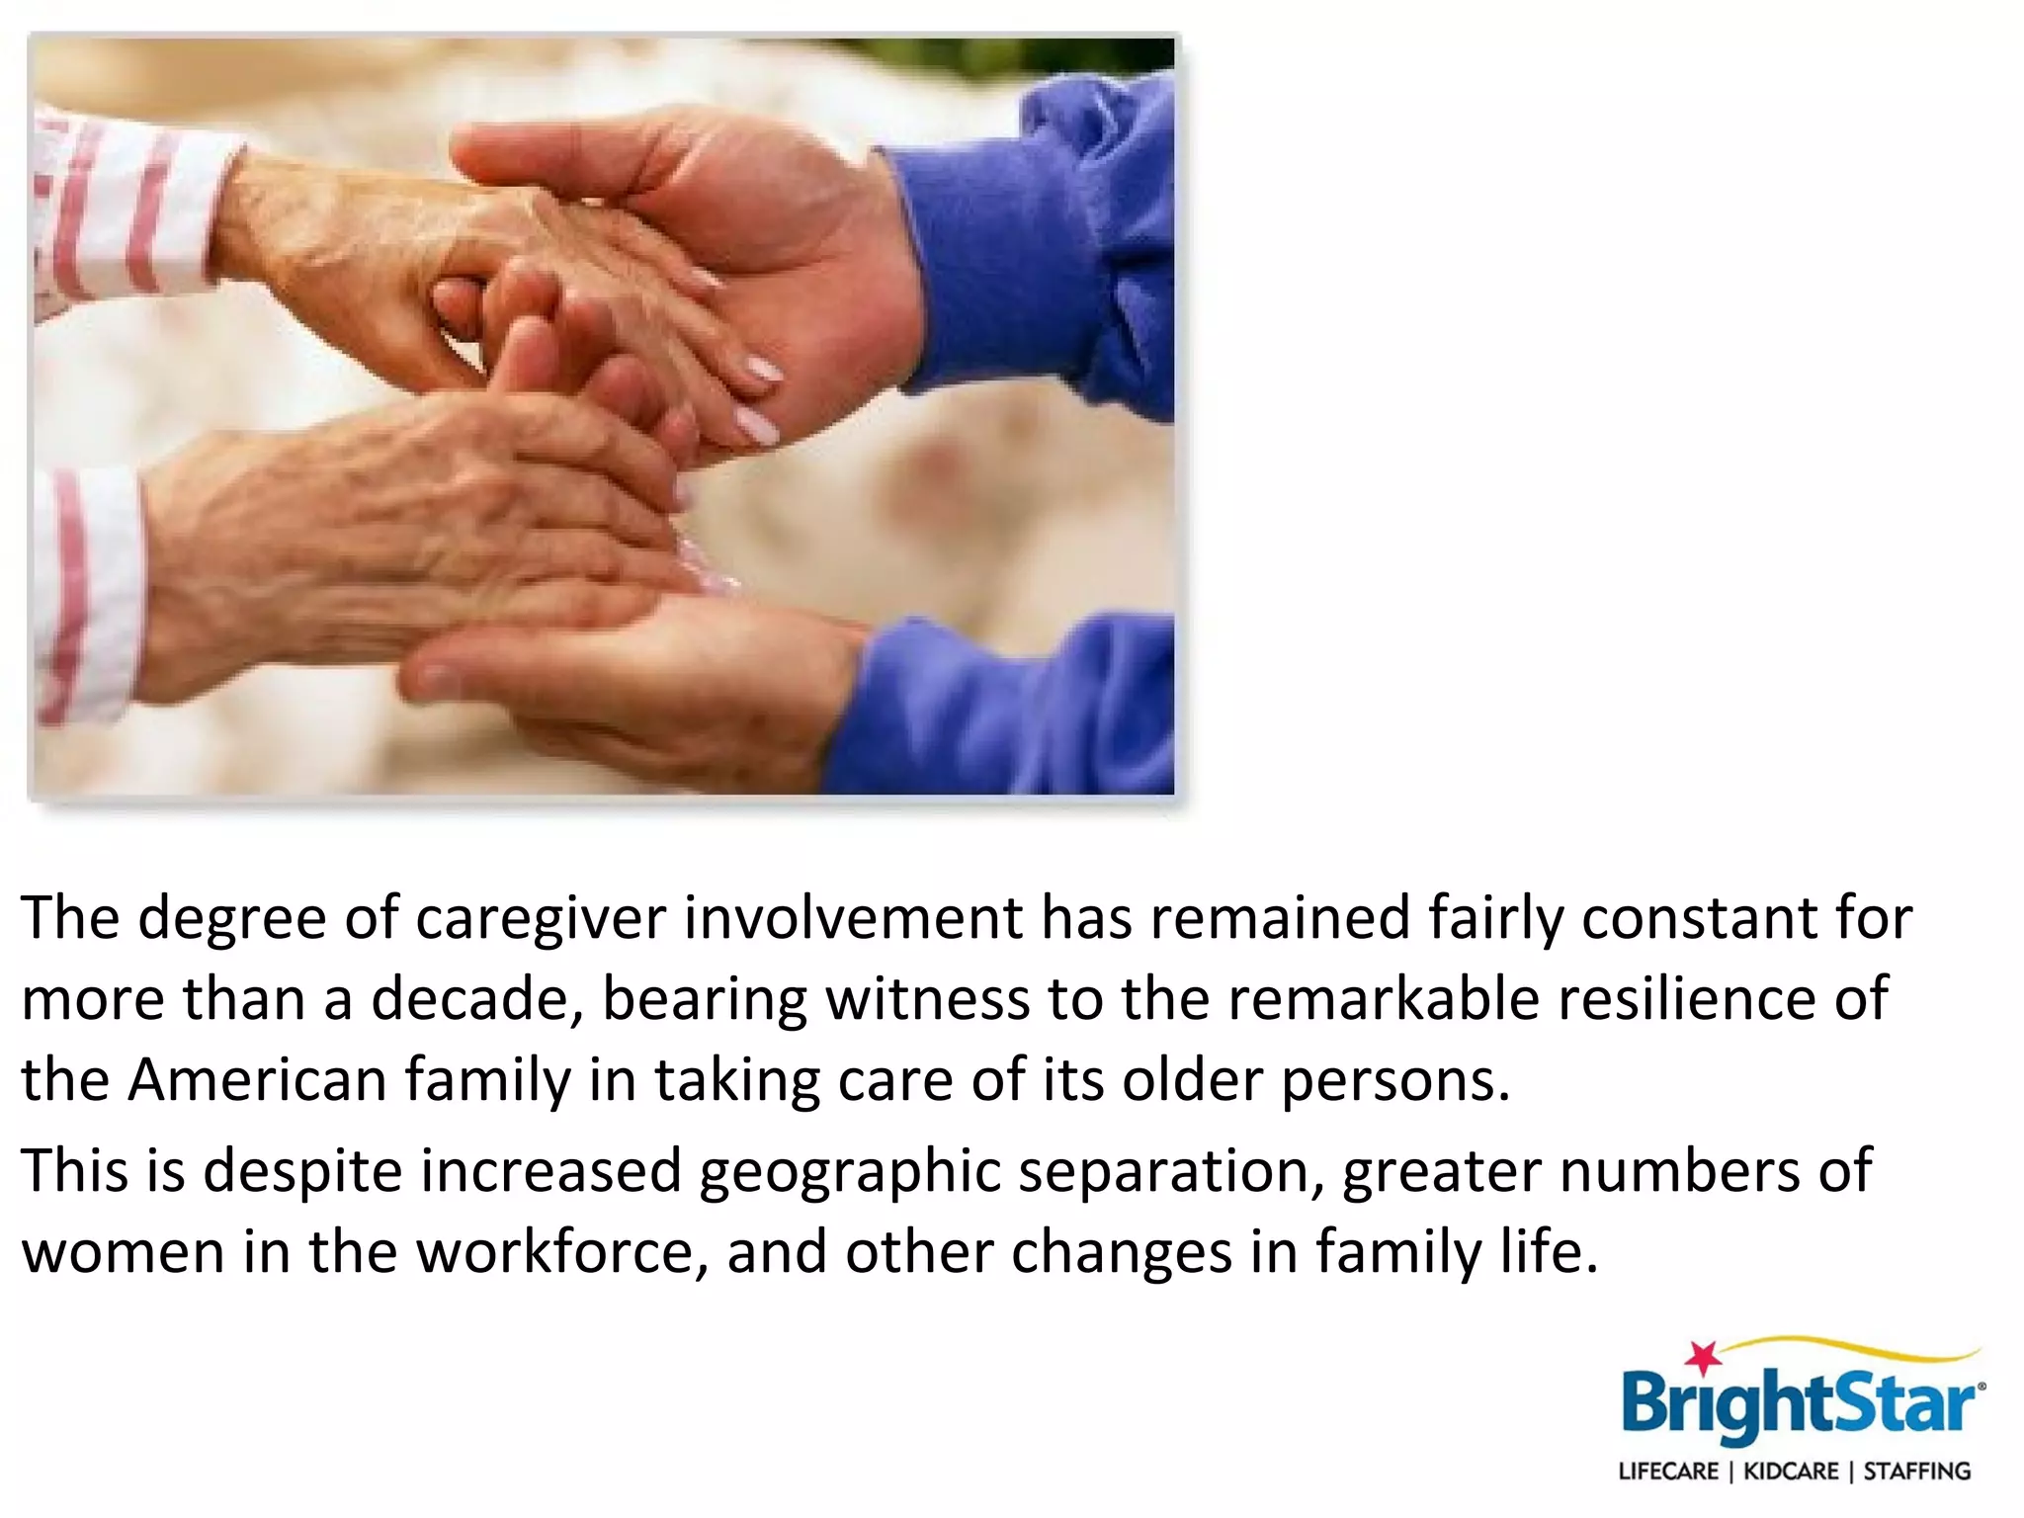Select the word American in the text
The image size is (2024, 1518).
click(257, 1079)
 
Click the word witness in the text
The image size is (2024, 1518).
click(928, 998)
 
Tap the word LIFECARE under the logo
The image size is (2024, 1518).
click(1668, 1472)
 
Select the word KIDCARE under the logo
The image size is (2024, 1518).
click(1791, 1472)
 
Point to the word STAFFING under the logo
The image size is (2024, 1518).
click(1917, 1472)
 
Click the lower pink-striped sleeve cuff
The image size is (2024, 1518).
click(84, 593)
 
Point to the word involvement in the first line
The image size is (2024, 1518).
click(853, 919)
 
